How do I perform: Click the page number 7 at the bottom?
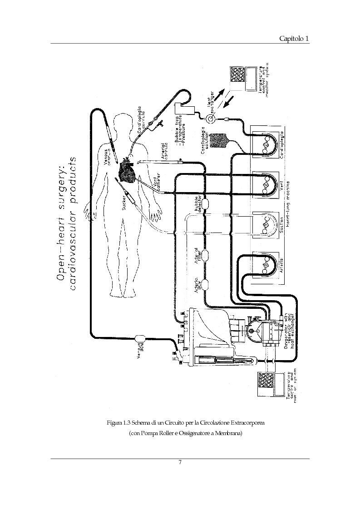pos(180,462)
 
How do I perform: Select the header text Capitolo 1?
pos(294,39)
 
